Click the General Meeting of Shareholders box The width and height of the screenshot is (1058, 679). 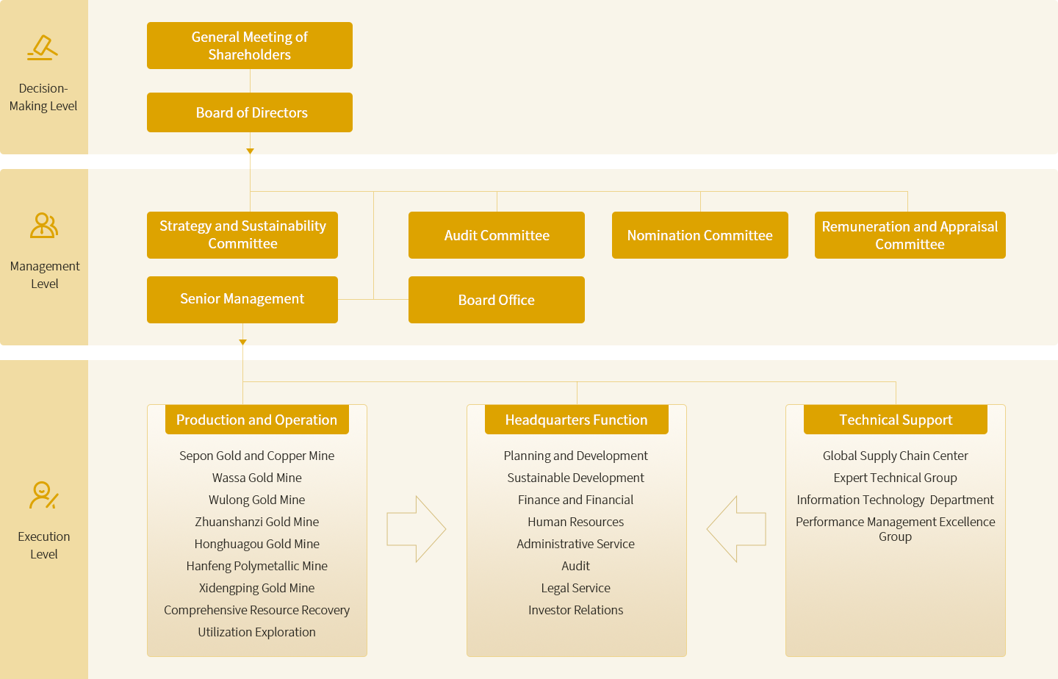click(249, 46)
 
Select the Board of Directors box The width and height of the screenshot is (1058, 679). click(249, 112)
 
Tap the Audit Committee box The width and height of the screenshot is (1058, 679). click(497, 235)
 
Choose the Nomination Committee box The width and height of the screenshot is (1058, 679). click(700, 235)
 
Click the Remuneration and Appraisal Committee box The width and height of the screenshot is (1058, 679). click(910, 235)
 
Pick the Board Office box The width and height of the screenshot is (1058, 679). click(497, 300)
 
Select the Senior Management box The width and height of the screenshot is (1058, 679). click(242, 300)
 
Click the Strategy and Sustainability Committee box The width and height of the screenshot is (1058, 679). click(242, 235)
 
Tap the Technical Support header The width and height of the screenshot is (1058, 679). click(896, 419)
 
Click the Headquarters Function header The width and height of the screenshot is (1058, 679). click(576, 419)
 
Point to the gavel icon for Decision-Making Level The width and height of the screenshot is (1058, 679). click(43, 48)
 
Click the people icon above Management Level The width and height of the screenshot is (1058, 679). click(44, 226)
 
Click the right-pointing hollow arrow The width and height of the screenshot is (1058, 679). click(416, 529)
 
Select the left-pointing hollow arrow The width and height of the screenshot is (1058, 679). click(736, 529)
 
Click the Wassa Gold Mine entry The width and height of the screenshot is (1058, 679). click(257, 478)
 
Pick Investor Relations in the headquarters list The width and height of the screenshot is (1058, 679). click(576, 610)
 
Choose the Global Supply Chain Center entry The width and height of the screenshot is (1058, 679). click(896, 456)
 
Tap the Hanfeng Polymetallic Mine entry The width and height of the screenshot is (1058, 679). click(257, 566)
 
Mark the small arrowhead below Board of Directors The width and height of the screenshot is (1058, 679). click(250, 151)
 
